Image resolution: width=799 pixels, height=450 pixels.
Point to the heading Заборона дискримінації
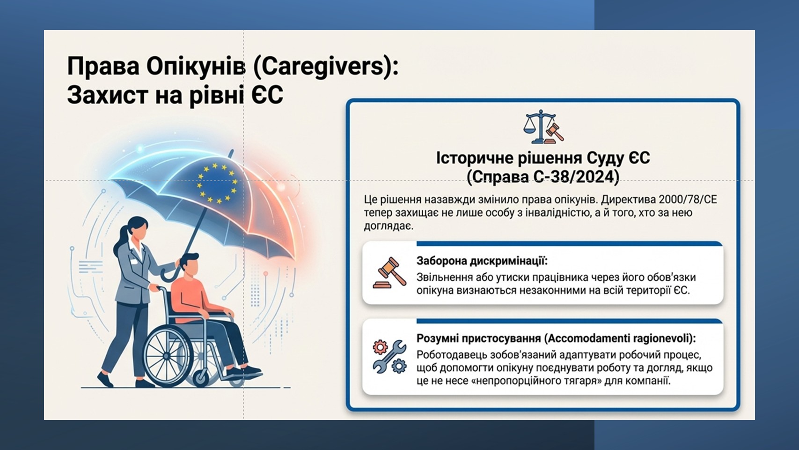pyautogui.click(x=482, y=261)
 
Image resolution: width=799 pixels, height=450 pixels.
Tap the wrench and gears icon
pyautogui.click(x=389, y=357)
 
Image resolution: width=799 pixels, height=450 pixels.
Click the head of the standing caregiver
pyautogui.click(x=136, y=229)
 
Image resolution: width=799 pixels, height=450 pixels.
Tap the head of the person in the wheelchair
pyautogui.click(x=190, y=264)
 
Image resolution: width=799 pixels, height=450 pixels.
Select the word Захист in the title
pyautogui.click(x=107, y=95)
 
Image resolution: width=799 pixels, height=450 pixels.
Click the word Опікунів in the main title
pyautogui.click(x=196, y=67)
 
